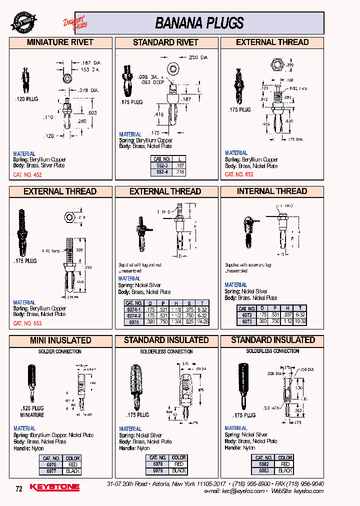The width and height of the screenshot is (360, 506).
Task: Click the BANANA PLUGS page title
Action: pyautogui.click(x=199, y=23)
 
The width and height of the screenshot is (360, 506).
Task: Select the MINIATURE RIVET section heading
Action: pyautogui.click(x=60, y=42)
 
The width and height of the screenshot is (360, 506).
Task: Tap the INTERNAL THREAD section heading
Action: pyautogui.click(x=272, y=191)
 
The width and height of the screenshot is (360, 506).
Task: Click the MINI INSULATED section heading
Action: pyautogui.click(x=60, y=340)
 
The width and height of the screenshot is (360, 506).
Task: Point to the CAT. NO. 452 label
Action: pyautogui.click(x=27, y=175)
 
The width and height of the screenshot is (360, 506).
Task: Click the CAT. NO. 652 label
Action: pyautogui.click(x=239, y=174)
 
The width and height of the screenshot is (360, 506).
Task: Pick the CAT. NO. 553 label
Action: pyautogui.click(x=27, y=323)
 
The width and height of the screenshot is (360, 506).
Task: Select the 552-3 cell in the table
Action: pyautogui.click(x=162, y=164)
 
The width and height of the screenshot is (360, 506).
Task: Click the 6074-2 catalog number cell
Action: pyautogui.click(x=133, y=315)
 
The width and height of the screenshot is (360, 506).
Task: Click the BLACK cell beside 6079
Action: pyautogui.click(x=178, y=470)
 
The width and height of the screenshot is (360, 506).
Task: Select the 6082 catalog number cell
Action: pyautogui.click(x=263, y=464)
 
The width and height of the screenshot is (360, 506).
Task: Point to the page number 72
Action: pyautogui.click(x=19, y=489)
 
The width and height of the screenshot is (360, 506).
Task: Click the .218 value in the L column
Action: pyautogui.click(x=180, y=171)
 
